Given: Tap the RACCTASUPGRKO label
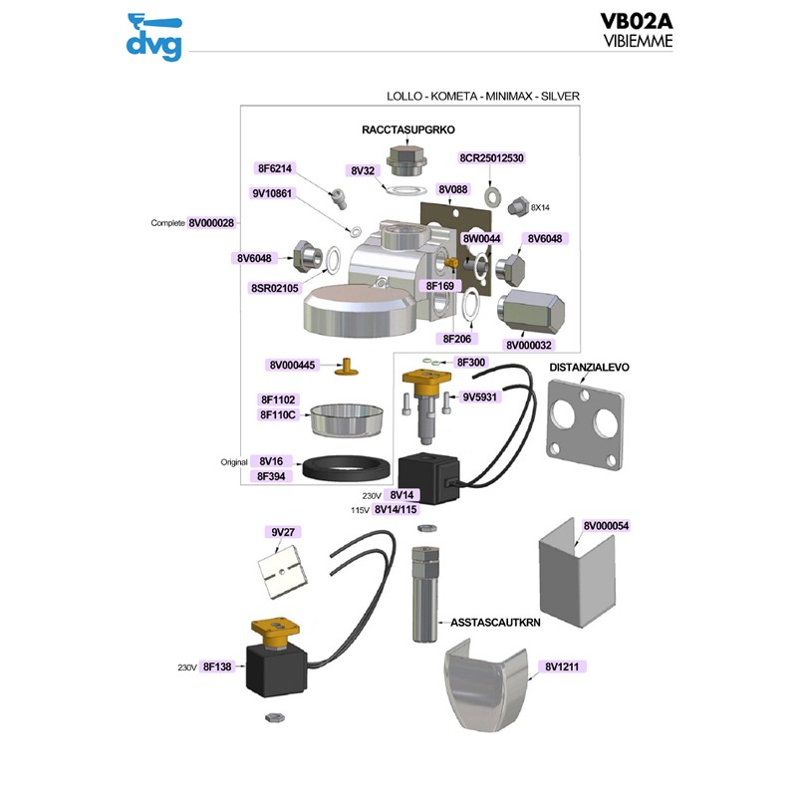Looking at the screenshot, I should pos(407,131).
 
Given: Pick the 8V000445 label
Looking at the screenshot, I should pos(293,366).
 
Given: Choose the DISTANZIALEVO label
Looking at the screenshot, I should pos(590,367).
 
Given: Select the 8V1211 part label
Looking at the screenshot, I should pos(564,665).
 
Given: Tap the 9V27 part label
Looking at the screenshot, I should pos(284,532).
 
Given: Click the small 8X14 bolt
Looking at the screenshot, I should pos(516,206).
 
